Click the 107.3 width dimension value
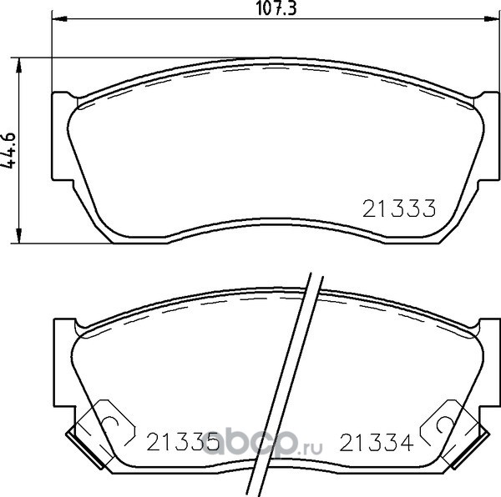[276, 8]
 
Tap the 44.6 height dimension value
[8, 150]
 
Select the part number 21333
[399, 208]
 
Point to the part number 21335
[182, 442]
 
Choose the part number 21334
[377, 442]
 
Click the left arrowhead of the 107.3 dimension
[59, 19]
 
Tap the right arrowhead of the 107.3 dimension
[492, 19]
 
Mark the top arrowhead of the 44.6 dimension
[19, 66]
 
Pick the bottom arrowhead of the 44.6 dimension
[19, 235]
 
